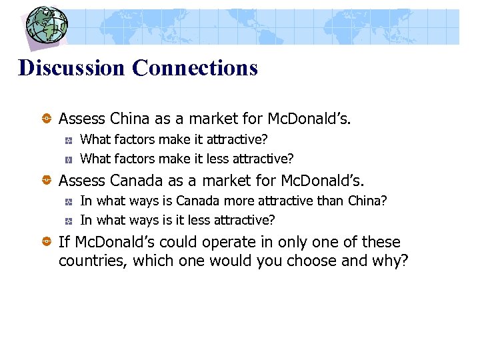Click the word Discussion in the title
click(x=72, y=67)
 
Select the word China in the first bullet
click(x=130, y=119)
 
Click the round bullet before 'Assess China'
click(x=48, y=119)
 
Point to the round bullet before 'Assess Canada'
click(x=48, y=180)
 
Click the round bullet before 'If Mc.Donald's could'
click(x=48, y=242)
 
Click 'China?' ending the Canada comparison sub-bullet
click(x=368, y=201)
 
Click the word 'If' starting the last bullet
click(x=64, y=242)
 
